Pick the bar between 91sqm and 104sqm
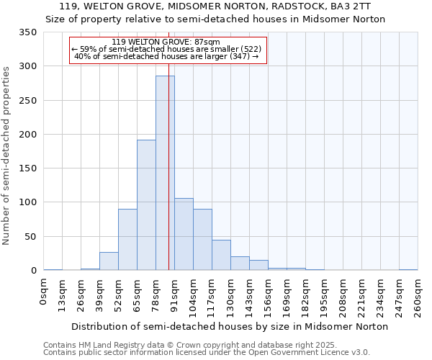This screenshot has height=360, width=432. [x=184, y=234]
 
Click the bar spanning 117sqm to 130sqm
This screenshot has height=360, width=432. [x=221, y=255]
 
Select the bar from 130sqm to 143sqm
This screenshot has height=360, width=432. [x=240, y=264]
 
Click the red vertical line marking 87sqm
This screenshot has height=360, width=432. [x=168, y=144]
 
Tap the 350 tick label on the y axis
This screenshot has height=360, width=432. [x=28, y=32]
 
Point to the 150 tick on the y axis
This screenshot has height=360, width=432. [x=28, y=168]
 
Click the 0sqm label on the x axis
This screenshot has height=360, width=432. [x=44, y=292]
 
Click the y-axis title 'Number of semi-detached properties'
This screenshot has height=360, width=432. [x=6, y=156]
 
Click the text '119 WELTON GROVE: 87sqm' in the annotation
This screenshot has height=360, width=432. [x=167, y=42]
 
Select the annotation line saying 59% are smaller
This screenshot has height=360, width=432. [x=167, y=49]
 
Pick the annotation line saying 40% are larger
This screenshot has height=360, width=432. [x=167, y=56]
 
